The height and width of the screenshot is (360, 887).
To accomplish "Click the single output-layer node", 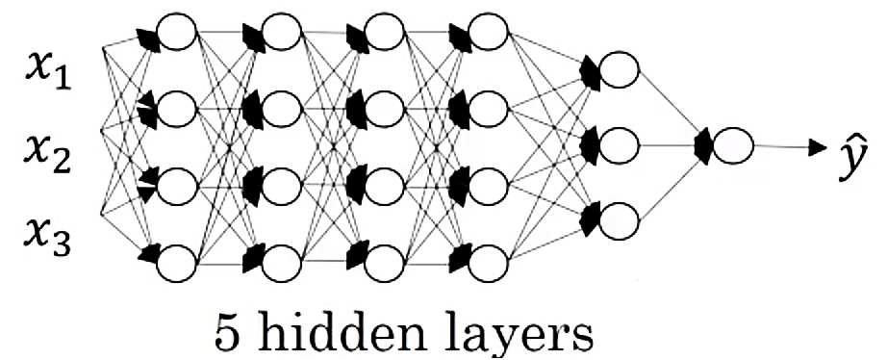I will [x=732, y=145].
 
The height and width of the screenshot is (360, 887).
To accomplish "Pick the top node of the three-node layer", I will [x=617, y=70].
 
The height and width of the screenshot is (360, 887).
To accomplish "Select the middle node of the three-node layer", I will [x=617, y=145].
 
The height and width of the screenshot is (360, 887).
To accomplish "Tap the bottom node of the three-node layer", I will [x=617, y=220].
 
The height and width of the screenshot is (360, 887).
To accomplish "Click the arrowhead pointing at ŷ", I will [x=817, y=148].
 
